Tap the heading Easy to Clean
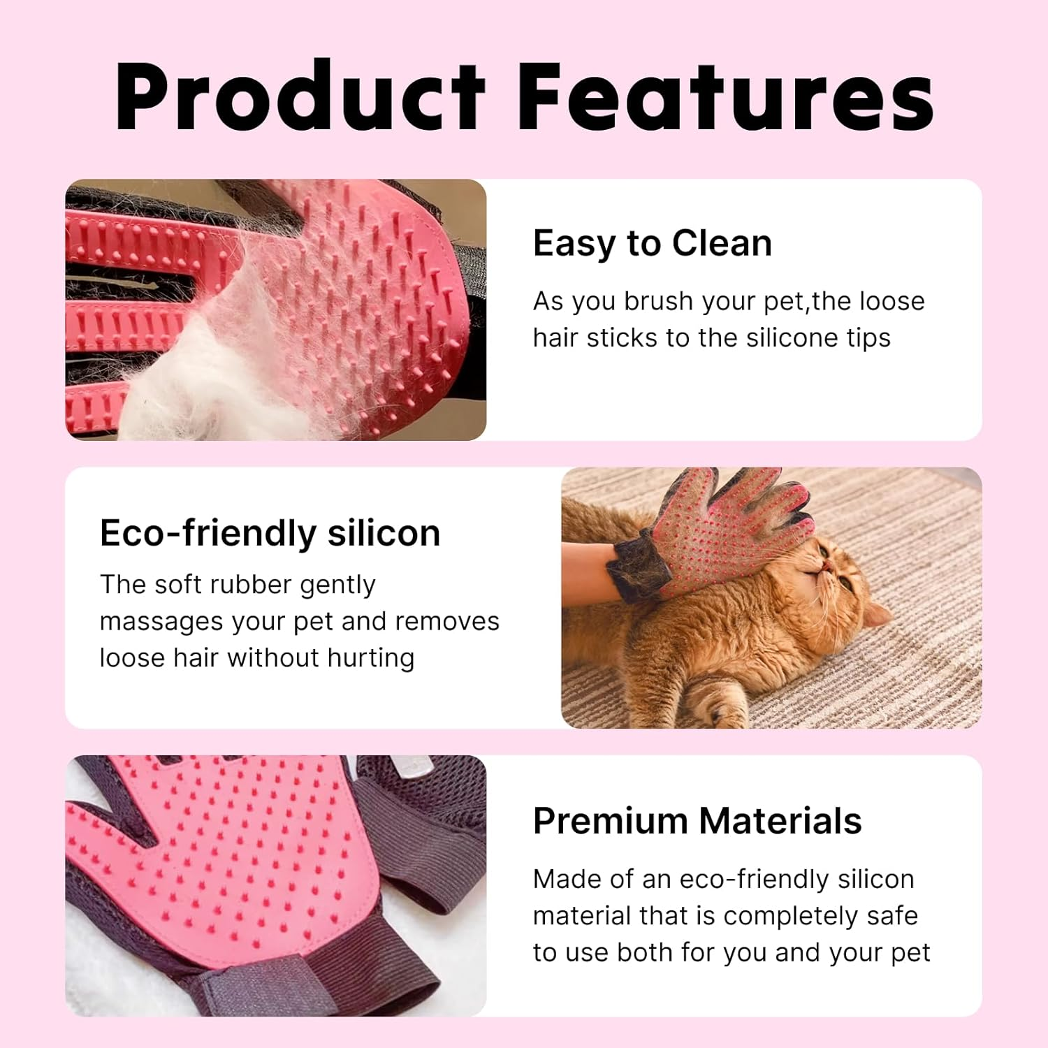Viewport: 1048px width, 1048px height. coord(652,243)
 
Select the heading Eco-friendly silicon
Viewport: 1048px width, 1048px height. coord(270,533)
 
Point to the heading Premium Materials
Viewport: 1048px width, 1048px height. coord(697,820)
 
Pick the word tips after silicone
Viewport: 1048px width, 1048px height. coord(868,338)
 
